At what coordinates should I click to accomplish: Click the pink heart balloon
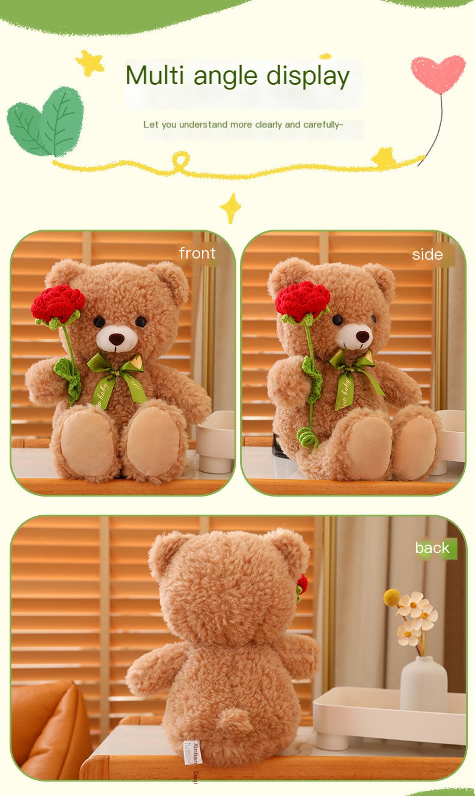pyautogui.click(x=438, y=74)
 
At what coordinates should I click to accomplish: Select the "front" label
pyautogui.click(x=197, y=253)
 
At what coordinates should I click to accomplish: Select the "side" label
pyautogui.click(x=427, y=254)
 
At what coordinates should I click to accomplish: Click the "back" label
pyautogui.click(x=432, y=548)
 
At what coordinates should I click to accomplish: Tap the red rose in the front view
pyautogui.click(x=58, y=303)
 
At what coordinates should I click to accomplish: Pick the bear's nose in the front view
pyautogui.click(x=117, y=340)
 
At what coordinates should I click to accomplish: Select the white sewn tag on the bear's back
pyautogui.click(x=192, y=752)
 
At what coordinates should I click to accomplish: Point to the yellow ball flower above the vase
pyautogui.click(x=392, y=597)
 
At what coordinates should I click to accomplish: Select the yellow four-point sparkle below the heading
pyautogui.click(x=230, y=208)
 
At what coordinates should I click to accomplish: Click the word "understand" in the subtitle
pyautogui.click(x=204, y=124)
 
